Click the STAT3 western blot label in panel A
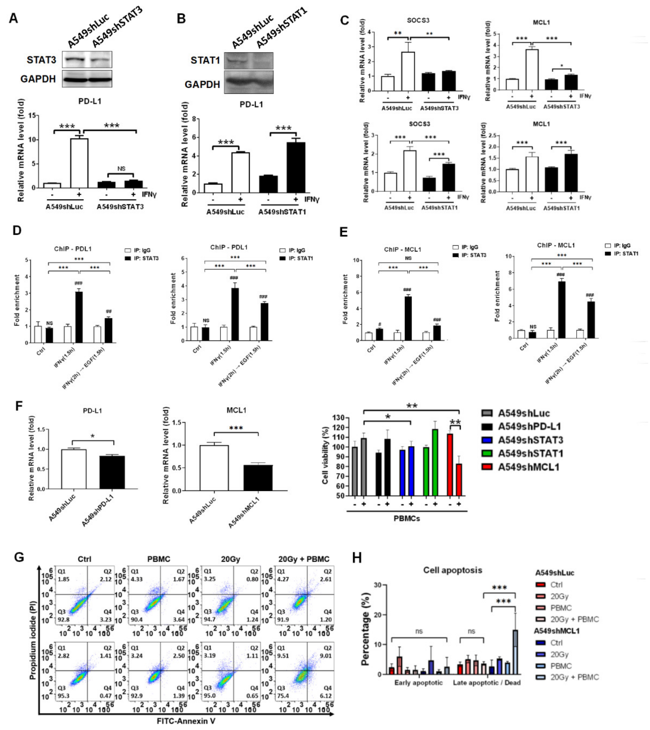[41, 60]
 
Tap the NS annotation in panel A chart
[121, 169]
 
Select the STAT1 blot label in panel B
[205, 60]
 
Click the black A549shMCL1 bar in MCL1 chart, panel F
[258, 478]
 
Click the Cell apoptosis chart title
[452, 570]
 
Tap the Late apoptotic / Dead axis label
[486, 682]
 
